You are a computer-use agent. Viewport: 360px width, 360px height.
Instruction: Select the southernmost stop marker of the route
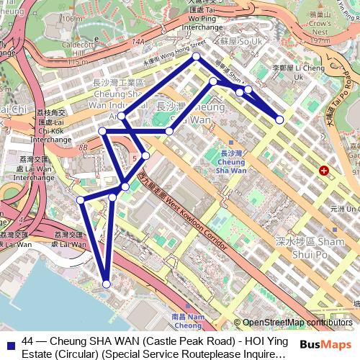[107, 284]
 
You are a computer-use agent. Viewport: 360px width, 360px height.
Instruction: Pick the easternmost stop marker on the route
[279, 120]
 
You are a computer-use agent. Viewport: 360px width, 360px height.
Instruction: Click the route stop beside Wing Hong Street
[196, 56]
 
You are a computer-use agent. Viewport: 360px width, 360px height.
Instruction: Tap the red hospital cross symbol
[324, 171]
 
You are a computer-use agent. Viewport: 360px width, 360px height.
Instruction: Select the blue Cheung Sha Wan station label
[231, 163]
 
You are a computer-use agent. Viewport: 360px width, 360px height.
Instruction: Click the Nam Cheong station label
[189, 320]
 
